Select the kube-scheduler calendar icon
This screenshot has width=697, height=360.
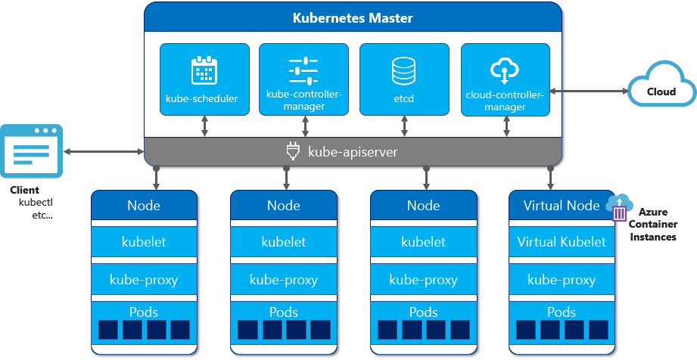tap(204, 70)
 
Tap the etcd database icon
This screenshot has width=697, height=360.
tap(403, 70)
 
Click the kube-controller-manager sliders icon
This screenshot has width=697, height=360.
tap(303, 70)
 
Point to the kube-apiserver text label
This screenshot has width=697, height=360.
tap(352, 152)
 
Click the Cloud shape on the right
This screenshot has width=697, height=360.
tap(661, 88)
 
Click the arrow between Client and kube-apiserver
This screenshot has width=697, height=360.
tap(104, 152)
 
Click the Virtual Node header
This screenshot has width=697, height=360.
tap(562, 205)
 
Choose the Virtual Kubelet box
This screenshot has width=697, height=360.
tap(562, 242)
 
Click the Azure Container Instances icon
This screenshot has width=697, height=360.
tap(620, 208)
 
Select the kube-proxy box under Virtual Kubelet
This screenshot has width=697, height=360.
tap(562, 280)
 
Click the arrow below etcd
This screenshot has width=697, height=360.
tap(404, 126)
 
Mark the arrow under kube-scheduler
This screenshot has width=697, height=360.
tap(204, 126)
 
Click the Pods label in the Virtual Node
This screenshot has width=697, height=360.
tap(562, 312)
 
